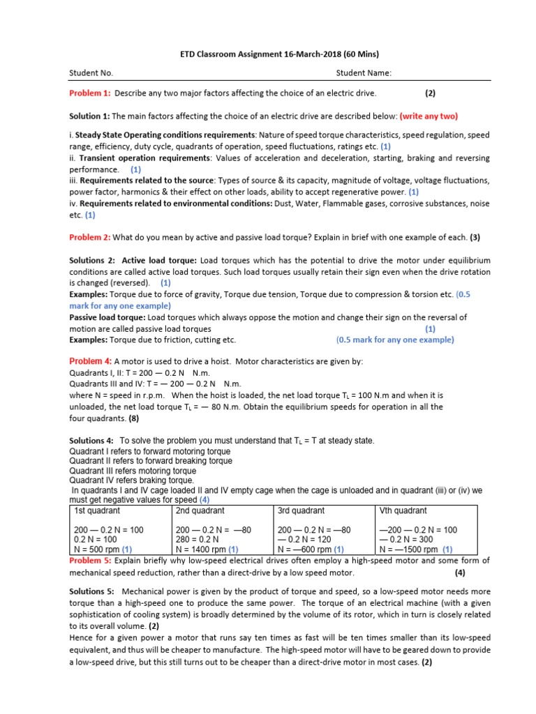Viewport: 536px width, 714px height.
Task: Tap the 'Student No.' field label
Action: tap(91, 73)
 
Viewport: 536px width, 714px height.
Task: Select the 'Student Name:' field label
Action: tap(364, 73)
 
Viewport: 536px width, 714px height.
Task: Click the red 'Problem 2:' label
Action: tap(89, 237)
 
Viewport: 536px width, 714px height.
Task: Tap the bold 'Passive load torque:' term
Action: tap(107, 317)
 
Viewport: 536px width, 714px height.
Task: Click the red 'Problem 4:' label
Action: tap(90, 361)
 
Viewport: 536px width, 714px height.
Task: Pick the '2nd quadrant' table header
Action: tap(199, 510)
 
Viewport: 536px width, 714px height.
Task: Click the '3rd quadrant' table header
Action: tap(301, 510)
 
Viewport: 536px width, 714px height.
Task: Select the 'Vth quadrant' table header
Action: tap(403, 510)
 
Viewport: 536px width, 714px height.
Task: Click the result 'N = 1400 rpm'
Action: tap(202, 549)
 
